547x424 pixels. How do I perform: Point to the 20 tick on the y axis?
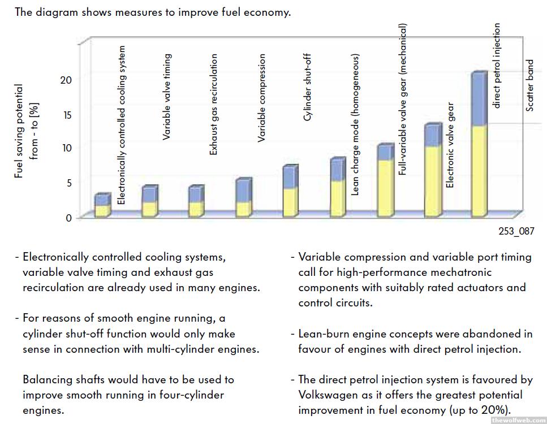pos(66,80)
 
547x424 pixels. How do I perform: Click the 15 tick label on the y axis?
pos(66,114)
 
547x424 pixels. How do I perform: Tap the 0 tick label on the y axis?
pos(69,218)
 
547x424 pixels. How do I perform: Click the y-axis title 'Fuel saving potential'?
pos(19,131)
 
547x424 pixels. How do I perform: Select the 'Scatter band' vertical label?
pos(530,85)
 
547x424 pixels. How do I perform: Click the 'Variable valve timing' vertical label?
pos(167,97)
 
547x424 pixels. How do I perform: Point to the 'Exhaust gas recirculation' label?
pos(214,105)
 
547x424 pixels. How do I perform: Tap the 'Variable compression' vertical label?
pos(261,98)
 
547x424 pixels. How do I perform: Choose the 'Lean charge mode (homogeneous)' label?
pos(355,125)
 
